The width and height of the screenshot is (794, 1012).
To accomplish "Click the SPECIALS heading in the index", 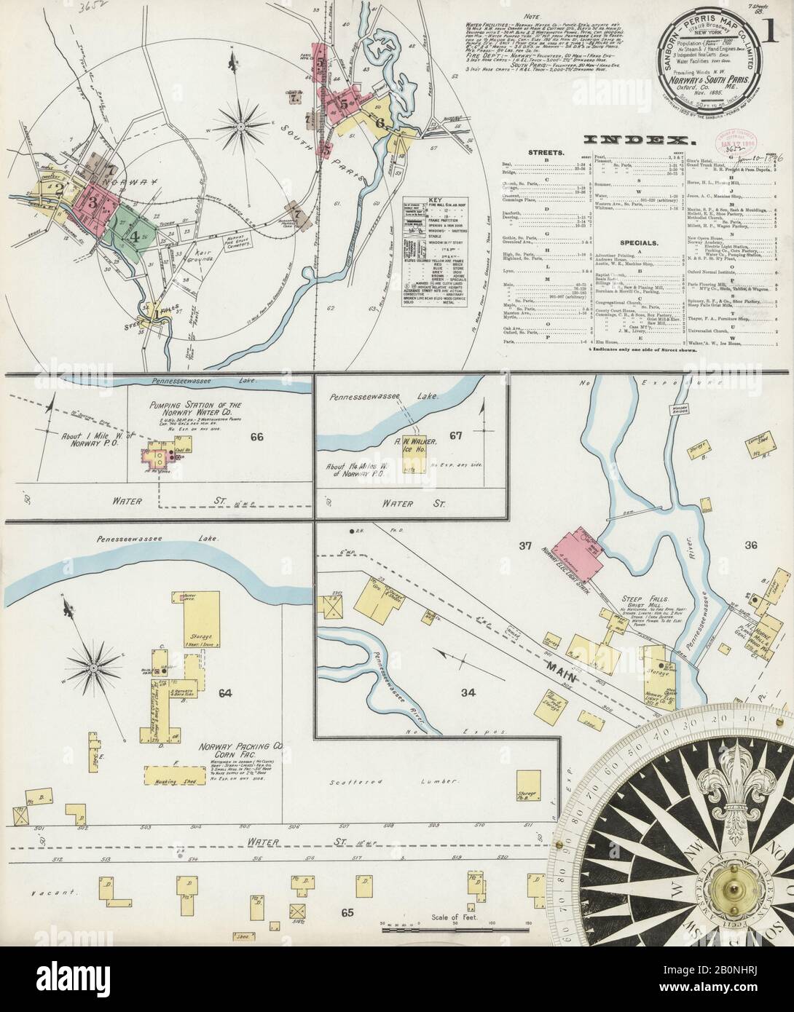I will (x=640, y=242).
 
